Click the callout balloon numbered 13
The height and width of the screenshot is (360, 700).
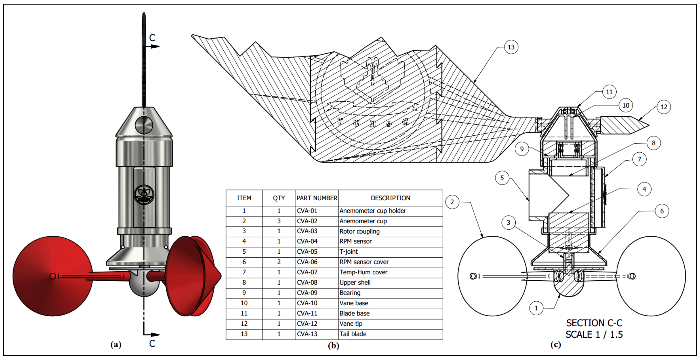coord(511,47)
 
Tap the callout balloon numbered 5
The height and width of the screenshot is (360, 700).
coord(502,178)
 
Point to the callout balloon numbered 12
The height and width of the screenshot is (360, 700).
coord(664,107)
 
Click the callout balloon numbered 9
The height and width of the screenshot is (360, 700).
coord(522,149)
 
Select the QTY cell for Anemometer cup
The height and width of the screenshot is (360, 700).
coord(279,221)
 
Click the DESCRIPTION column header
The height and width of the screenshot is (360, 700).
coord(390,198)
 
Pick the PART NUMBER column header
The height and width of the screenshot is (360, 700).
coord(317,198)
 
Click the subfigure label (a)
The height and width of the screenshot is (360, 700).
coord(116,345)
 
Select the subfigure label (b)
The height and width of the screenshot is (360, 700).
coord(333,346)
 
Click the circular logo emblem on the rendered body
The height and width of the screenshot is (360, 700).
coord(144,194)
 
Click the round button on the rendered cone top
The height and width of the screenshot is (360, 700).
coord(144,125)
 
